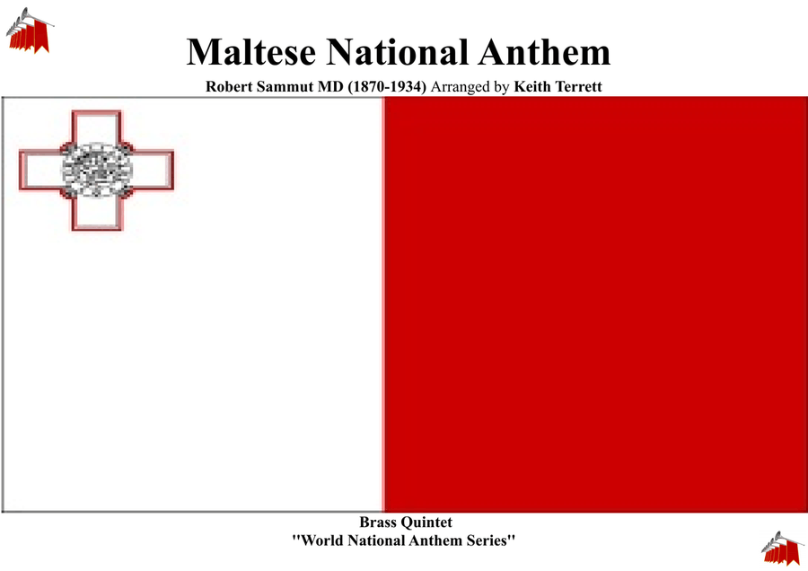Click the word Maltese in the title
[251, 52]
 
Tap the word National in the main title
[398, 52]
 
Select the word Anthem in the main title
[544, 52]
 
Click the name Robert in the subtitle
[229, 86]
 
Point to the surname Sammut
[285, 86]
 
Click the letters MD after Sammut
[330, 86]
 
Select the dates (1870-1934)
[387, 86]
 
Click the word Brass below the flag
[379, 522]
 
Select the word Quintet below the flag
[427, 523]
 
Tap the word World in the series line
[320, 540]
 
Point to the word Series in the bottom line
[490, 540]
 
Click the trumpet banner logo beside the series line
[782, 549]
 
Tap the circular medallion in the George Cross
[97, 170]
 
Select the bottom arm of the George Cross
[97, 212]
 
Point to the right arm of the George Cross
[153, 170]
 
